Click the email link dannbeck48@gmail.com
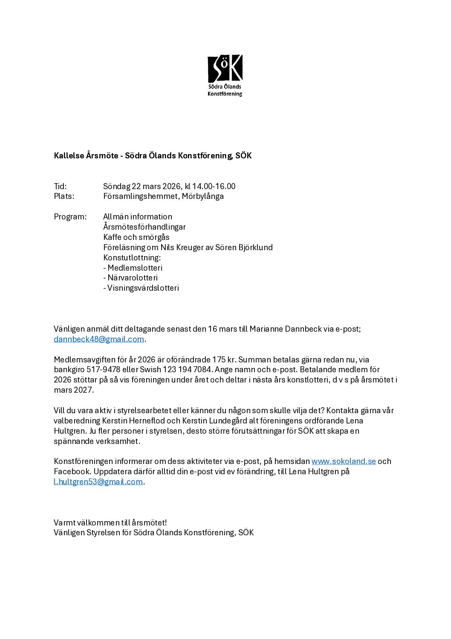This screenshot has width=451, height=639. (99, 339)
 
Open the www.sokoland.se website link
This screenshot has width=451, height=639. (344, 461)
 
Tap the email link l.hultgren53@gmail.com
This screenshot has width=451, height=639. (98, 482)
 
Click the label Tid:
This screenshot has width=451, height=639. (60, 187)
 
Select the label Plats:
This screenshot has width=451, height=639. (64, 196)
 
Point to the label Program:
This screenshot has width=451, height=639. (70, 217)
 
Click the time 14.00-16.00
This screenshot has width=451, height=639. (214, 187)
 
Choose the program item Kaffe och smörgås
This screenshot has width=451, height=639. (136, 237)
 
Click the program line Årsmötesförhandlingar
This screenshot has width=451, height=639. (144, 227)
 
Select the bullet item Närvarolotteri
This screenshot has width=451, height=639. (133, 278)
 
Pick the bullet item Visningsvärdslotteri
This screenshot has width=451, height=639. (143, 288)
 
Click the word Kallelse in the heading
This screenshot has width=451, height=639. (69, 156)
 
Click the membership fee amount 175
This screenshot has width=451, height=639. (219, 360)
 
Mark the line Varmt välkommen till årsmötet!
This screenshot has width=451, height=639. (110, 523)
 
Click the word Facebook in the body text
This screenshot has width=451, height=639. (72, 472)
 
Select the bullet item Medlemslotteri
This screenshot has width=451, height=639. (135, 268)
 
